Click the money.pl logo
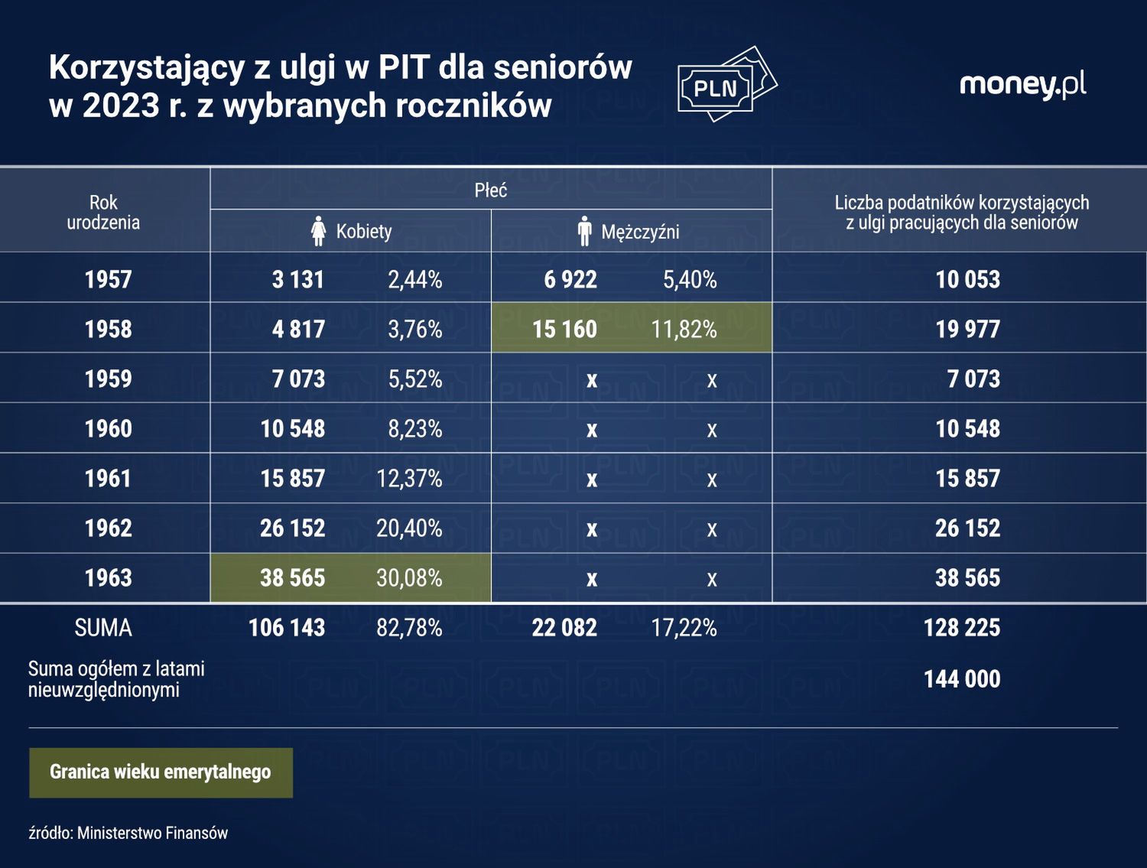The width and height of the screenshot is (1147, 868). pos(1022,84)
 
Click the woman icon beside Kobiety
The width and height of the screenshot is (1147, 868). pos(319,231)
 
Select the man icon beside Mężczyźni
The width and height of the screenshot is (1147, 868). pos(585,231)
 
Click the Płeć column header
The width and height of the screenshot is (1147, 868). pos(490,190)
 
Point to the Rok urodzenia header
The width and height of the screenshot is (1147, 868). pos(103,213)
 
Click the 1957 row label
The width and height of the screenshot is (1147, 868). pos(108,279)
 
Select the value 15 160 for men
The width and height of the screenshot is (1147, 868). pos(564,329)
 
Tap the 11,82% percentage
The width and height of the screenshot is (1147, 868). pos(684,329)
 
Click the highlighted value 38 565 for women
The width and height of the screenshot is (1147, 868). pos(292,577)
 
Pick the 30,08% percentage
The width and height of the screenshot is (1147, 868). pos(409,577)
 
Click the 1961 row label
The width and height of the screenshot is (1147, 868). pos(108,478)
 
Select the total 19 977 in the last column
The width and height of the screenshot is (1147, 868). pos(967,329)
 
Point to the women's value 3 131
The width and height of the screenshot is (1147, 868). pos(297,279)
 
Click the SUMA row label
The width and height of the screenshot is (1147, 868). pos(103,628)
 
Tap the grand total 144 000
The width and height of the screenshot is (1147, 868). pos(961,678)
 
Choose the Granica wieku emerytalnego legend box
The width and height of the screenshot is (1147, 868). pos(161,772)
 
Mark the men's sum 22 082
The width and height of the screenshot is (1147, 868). pos(564,628)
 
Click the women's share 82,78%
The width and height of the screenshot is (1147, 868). pos(409,628)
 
